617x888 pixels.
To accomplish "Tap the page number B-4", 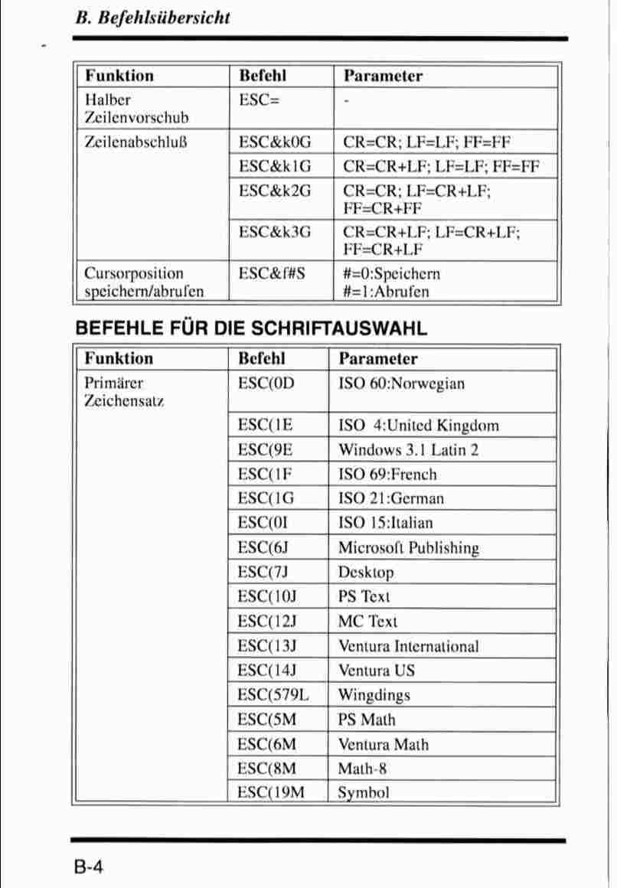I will tap(90, 867).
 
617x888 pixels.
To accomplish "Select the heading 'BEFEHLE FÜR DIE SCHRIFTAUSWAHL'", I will tap(250, 328).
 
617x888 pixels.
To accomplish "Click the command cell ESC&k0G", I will tap(275, 142).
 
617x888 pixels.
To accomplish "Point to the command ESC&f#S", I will tap(272, 273).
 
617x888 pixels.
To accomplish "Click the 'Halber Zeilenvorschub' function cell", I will tap(136, 109).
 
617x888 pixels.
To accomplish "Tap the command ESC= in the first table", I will tap(258, 100).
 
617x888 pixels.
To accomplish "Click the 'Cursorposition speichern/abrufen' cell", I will tap(145, 282).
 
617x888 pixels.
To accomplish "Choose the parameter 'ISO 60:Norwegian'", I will tap(401, 384).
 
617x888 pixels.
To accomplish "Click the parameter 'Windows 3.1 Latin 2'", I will tap(408, 449).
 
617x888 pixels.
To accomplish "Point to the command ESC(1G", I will tap(266, 498).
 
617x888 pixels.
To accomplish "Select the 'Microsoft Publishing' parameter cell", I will tap(408, 548).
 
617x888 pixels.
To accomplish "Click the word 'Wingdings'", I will tap(374, 695).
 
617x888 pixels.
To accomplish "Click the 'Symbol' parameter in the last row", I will tap(364, 792).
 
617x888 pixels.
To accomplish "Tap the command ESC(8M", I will tap(266, 768).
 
